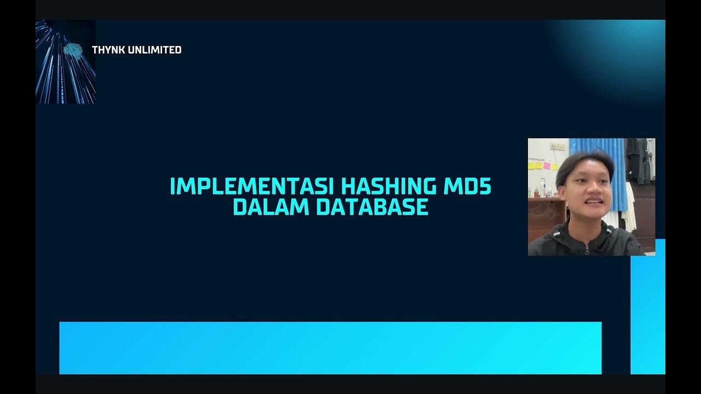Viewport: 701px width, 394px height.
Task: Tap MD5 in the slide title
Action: point(466,187)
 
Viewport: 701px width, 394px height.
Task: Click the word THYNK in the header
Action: point(108,50)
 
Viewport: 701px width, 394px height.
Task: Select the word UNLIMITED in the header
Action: point(154,50)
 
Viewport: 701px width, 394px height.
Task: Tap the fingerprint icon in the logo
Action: point(72,51)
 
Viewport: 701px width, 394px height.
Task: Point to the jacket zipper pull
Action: point(587,250)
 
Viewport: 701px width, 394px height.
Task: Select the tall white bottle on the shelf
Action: point(542,187)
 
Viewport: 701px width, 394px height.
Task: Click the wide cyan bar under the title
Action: point(330,347)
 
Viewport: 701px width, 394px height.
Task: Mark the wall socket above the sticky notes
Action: point(557,147)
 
